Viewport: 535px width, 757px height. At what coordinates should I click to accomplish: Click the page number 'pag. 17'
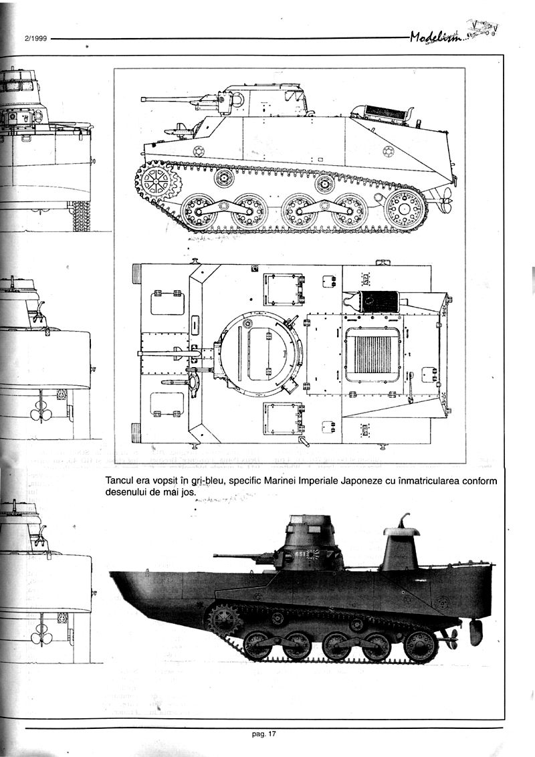[264, 734]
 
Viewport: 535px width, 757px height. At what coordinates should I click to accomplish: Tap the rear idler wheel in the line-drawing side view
[405, 209]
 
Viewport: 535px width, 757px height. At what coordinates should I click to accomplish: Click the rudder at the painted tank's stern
[475, 632]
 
